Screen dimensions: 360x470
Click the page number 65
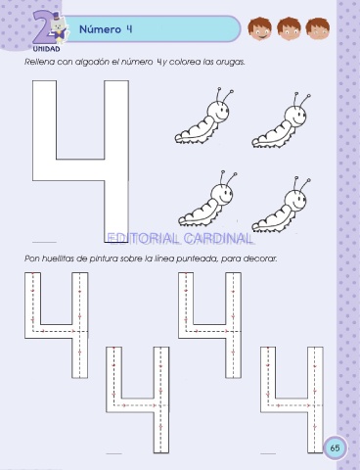pyautogui.click(x=335, y=447)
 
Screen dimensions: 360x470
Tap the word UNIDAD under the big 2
pyautogui.click(x=46, y=49)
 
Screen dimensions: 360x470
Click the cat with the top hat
pyautogui.click(x=59, y=27)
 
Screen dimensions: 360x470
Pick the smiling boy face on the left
pyautogui.click(x=259, y=28)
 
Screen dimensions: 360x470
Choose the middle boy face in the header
pyautogui.click(x=289, y=28)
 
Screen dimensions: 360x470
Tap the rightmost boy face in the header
pyautogui.click(x=318, y=28)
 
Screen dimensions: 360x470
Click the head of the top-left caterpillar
pyautogui.click(x=217, y=111)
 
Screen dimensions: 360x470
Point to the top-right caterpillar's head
pyautogui.click(x=294, y=116)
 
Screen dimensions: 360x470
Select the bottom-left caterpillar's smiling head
pyautogui.click(x=221, y=194)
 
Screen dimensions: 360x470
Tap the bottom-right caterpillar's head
pyautogui.click(x=295, y=199)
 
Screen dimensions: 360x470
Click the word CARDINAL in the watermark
pyautogui.click(x=217, y=239)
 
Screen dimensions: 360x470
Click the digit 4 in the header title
pyautogui.click(x=129, y=29)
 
